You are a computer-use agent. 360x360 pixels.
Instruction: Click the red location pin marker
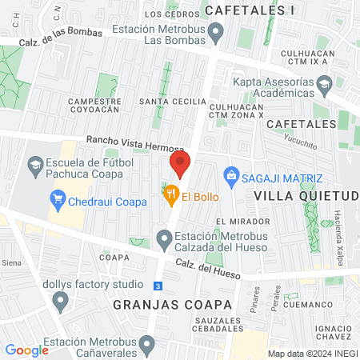pyautogui.click(x=179, y=166)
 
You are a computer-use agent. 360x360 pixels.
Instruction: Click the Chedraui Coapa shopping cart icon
pyautogui.click(x=57, y=199)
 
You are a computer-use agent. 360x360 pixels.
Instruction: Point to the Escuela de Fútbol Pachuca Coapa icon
pyautogui.click(x=36, y=166)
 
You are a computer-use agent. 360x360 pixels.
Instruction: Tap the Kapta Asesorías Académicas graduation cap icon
pyautogui.click(x=324, y=83)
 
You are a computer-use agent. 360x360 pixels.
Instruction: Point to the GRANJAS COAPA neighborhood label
pyautogui.click(x=172, y=305)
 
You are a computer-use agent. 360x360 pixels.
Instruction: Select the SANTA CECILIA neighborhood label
pyautogui.click(x=166, y=102)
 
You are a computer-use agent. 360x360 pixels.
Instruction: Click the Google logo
pyautogui.click(x=26, y=350)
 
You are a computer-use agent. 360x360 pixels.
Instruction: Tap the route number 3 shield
pyautogui.click(x=158, y=286)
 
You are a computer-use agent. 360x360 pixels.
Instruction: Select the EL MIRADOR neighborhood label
pyautogui.click(x=234, y=220)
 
